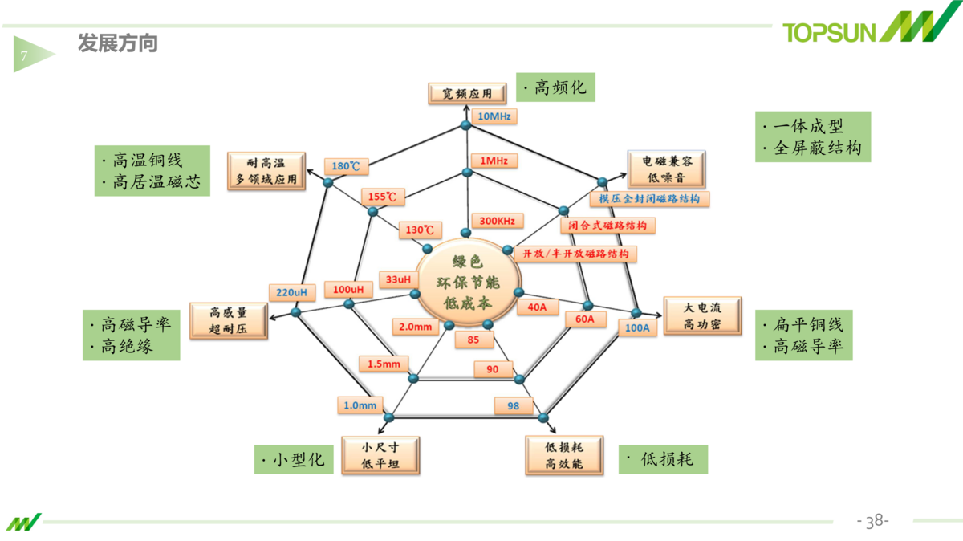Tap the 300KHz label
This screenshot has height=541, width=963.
[498, 221]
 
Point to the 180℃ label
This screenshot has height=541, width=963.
[347, 166]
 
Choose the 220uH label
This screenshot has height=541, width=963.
[291, 291]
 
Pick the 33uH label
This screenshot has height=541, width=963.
[398, 279]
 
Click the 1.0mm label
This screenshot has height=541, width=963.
[360, 405]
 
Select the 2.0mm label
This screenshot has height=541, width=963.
[414, 327]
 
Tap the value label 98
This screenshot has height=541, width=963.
[514, 406]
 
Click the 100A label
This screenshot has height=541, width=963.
[637, 327]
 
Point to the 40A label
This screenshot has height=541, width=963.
[537, 307]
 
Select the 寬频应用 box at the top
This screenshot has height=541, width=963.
[466, 93]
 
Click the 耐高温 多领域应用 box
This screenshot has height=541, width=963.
[267, 170]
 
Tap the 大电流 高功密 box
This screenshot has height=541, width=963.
[701, 316]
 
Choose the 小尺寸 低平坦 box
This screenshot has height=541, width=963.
[380, 455]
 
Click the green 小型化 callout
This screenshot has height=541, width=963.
[293, 460]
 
